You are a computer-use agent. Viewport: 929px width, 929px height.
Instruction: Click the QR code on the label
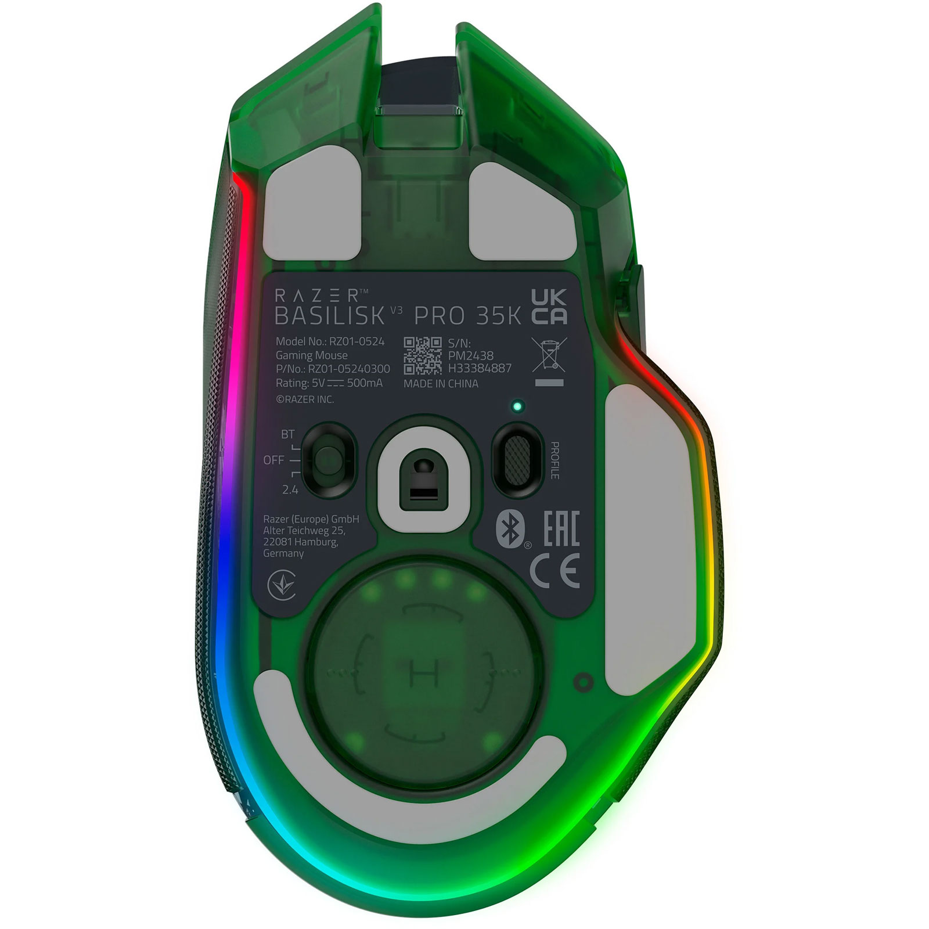pyautogui.click(x=422, y=355)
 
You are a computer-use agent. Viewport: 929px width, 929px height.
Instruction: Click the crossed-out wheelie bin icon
pyautogui.click(x=549, y=355)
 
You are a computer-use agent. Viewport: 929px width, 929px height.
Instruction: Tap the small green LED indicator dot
pyautogui.click(x=516, y=406)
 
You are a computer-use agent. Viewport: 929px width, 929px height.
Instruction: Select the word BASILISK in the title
pyautogui.click(x=330, y=315)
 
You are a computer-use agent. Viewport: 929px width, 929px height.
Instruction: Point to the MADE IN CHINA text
pyautogui.click(x=441, y=384)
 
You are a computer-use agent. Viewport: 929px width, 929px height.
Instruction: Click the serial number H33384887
pyautogui.click(x=480, y=368)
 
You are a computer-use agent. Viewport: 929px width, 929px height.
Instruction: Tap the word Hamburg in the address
pyautogui.click(x=315, y=542)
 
